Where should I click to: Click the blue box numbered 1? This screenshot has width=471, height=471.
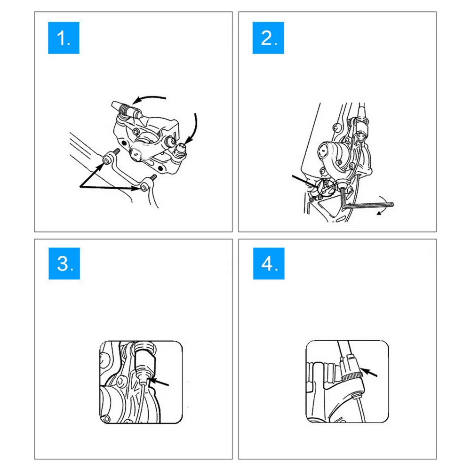pos(64,38)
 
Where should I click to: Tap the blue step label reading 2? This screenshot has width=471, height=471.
pos(268,38)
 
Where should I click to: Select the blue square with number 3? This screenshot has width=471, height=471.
pos(64,263)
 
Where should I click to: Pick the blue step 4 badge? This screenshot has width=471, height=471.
pos(269,263)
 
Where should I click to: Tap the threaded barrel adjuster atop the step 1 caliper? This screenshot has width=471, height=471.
pos(126,109)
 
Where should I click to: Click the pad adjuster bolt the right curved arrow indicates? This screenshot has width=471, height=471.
pos(180,150)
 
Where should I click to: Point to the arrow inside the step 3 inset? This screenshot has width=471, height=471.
pos(159,382)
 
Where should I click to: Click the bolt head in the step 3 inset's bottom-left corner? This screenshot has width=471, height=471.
pos(106,418)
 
